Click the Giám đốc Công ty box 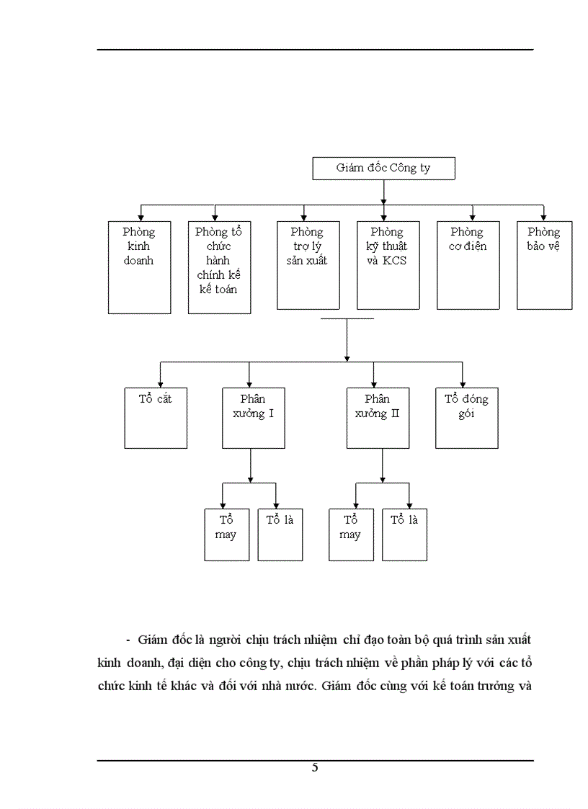(383, 169)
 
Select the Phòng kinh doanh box (139, 267)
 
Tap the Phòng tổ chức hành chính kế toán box (219, 267)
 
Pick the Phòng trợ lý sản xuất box (308, 265)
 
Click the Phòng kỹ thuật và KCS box (388, 265)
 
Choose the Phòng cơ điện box (468, 265)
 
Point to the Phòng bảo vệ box (544, 265)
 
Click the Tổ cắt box (156, 418)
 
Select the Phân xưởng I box (253, 418)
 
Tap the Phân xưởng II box (377, 418)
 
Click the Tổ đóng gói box (466, 418)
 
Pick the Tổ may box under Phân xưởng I (226, 535)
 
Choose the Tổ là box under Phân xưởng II (404, 535)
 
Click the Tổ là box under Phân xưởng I (280, 535)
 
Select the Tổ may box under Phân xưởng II (351, 535)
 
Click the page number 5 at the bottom (315, 767)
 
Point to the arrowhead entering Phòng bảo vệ (543, 217)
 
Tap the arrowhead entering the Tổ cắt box (160, 384)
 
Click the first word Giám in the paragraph (151, 640)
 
